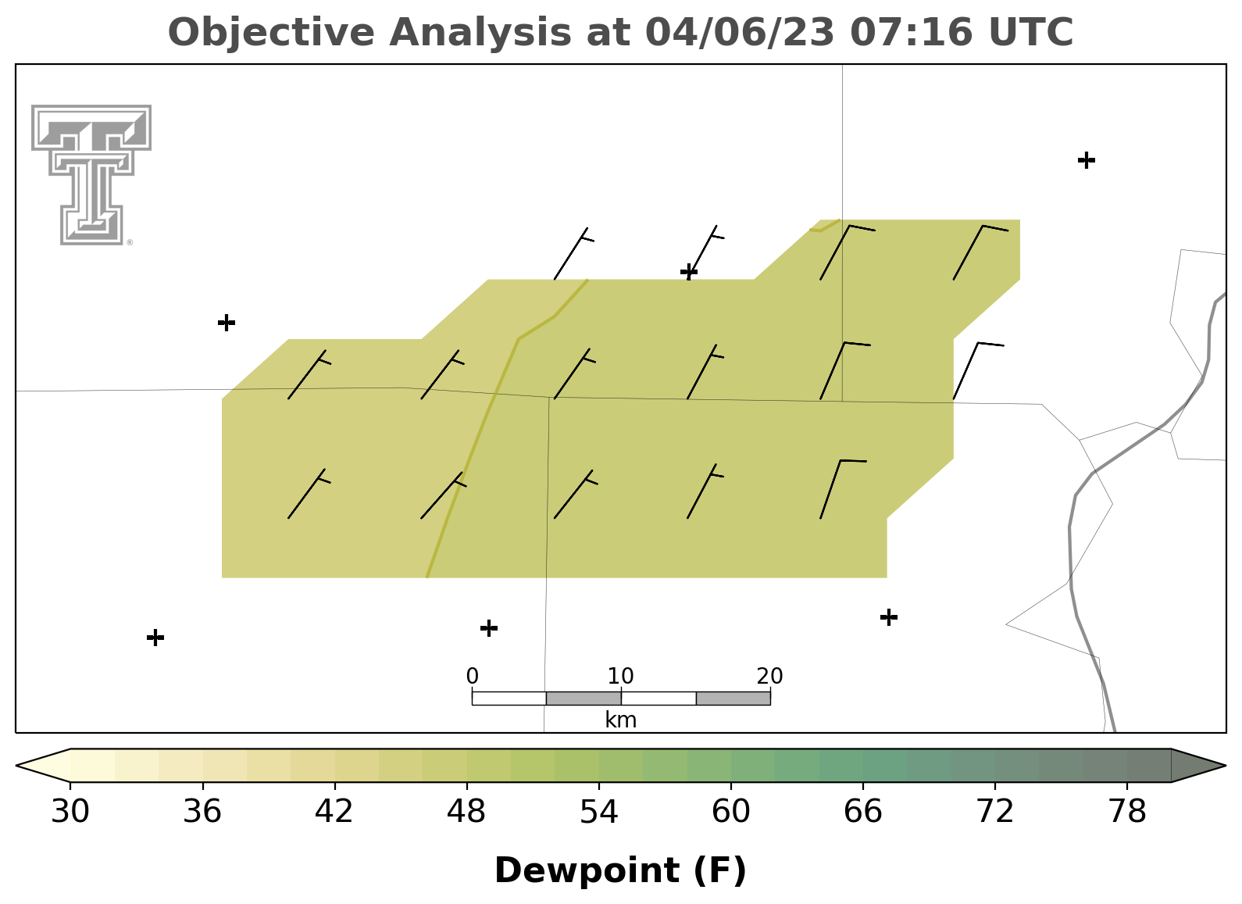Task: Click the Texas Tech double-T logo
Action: click(91, 174)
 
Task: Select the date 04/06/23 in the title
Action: click(740, 32)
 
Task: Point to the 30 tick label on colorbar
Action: click(70, 811)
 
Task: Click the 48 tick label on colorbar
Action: click(466, 811)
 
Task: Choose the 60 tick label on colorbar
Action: click(731, 811)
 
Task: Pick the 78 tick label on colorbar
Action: click(1127, 811)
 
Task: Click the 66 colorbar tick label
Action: click(862, 811)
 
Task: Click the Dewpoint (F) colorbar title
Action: click(620, 870)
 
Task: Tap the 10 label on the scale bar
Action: click(620, 676)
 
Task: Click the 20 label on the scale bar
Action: click(769, 676)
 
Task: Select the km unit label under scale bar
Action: click(620, 720)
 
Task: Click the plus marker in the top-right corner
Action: click(1087, 160)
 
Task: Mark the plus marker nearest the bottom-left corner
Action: click(155, 638)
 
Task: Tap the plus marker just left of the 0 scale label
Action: click(488, 628)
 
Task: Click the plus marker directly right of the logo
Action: click(227, 322)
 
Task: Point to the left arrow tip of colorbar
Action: click(16, 766)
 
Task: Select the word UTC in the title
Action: click(1031, 32)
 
